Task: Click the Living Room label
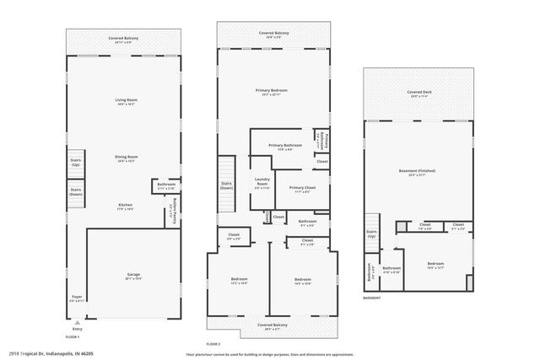126,101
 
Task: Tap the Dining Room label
126,158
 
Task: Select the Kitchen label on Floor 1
125,205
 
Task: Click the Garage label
133,275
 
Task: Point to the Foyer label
77,298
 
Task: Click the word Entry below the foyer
78,329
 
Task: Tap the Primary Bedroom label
273,90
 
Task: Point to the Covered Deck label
418,92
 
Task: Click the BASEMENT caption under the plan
372,298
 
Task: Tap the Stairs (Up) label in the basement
370,236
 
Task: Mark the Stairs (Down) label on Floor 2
226,185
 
